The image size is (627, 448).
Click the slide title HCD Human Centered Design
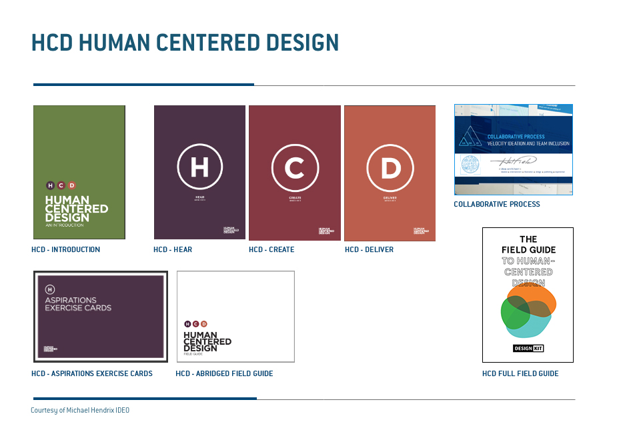tap(185, 43)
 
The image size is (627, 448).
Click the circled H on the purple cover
tap(199, 167)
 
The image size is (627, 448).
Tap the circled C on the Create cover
tap(294, 167)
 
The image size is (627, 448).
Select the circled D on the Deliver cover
tap(390, 167)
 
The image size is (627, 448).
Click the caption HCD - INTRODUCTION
tap(65, 249)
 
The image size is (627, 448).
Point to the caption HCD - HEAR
tap(173, 249)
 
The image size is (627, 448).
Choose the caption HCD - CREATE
tap(271, 249)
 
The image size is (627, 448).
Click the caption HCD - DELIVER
tap(369, 249)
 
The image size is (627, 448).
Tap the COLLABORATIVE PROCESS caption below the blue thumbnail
tap(497, 204)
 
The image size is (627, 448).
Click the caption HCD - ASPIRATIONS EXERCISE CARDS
tap(92, 373)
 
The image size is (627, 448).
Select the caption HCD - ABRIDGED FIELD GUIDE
tap(224, 373)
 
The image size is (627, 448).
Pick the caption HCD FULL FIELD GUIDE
tap(520, 373)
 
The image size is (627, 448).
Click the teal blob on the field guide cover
tap(534, 327)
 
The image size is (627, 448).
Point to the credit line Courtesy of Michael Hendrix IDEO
tap(80, 410)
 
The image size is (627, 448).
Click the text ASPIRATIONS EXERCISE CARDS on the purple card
tap(78, 304)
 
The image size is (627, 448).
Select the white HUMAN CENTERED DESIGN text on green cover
tap(76, 209)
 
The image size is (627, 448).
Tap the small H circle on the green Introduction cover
tap(50, 185)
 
